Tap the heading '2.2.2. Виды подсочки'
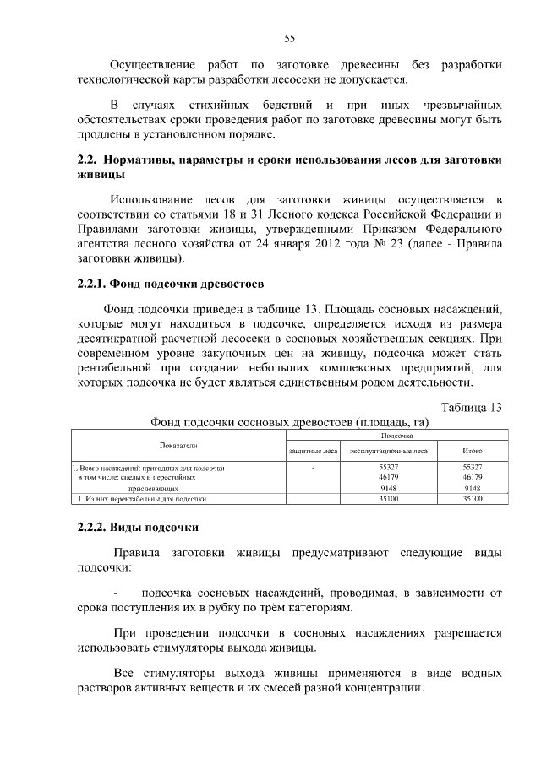coord(138,528)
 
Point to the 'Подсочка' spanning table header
coord(396,436)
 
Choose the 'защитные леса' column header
coord(314,452)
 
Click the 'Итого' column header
coord(473,452)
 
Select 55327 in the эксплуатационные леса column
coord(388,467)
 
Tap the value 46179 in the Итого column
coord(473,477)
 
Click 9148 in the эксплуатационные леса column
coord(388,488)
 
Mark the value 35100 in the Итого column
coord(473,499)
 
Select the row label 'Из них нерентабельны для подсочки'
coord(144,499)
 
